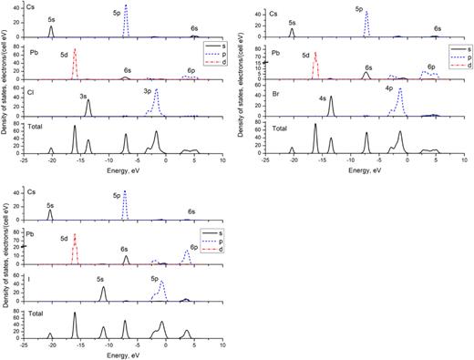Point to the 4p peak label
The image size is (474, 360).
tap(388, 88)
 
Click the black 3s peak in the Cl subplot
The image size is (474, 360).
tap(88, 108)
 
